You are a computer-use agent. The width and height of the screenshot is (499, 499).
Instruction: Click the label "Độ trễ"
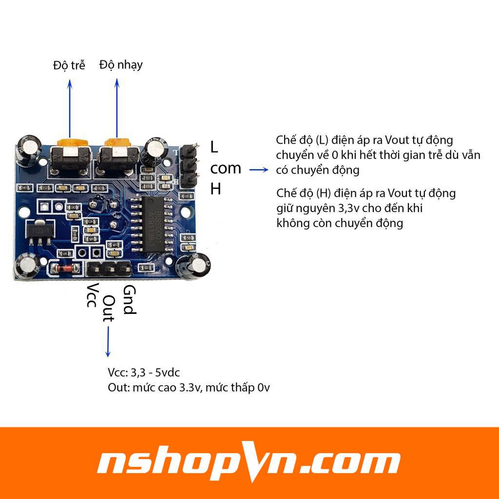69,65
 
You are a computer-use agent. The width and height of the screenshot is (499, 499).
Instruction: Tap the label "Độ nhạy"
121,64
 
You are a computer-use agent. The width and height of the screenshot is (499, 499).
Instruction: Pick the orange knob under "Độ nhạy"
117,142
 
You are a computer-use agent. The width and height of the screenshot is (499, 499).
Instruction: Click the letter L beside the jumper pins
215,146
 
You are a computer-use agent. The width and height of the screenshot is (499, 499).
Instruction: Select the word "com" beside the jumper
226,168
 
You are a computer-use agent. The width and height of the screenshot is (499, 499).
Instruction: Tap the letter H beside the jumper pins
216,189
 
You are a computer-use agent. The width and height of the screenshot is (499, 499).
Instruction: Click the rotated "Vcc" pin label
91,295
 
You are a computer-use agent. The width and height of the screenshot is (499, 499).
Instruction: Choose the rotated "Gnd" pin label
128,300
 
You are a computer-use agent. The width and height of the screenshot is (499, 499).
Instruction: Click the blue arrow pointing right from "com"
259,170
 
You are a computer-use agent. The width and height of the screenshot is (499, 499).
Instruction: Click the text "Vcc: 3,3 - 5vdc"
144,373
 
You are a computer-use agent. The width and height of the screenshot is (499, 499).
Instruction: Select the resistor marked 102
145,267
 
